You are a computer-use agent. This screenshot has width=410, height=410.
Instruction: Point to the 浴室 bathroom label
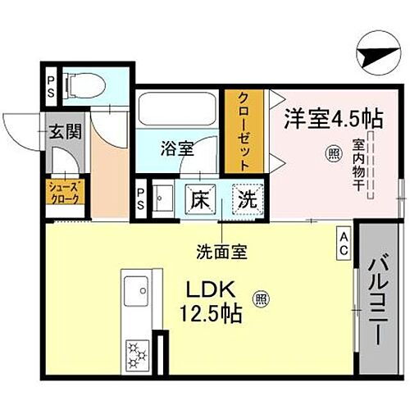(177, 148)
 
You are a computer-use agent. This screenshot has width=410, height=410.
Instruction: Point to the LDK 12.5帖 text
(215, 300)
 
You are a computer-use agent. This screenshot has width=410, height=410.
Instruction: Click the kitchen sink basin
(135, 288)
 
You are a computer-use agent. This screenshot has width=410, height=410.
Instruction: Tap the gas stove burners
(135, 353)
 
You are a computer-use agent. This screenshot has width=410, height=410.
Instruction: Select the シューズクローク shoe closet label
(61, 193)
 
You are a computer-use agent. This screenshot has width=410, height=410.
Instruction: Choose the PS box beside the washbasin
(141, 197)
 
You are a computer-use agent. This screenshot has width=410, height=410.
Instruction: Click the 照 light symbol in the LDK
(261, 298)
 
